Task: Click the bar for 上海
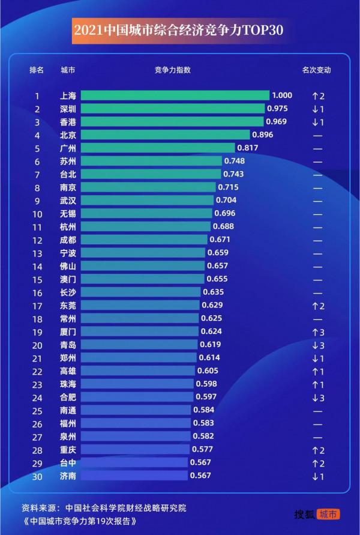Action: [175, 95]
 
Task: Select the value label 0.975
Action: [278, 109]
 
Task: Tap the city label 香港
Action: [68, 122]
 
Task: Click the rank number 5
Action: [37, 148]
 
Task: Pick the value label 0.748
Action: [234, 161]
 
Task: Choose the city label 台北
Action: [68, 174]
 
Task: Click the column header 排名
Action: [37, 70]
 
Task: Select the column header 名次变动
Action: [317, 70]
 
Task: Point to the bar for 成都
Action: [143, 240]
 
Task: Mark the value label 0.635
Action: [212, 292]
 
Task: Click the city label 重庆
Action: [68, 449]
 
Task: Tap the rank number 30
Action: [37, 476]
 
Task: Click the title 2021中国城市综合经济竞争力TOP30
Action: [178, 30]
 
